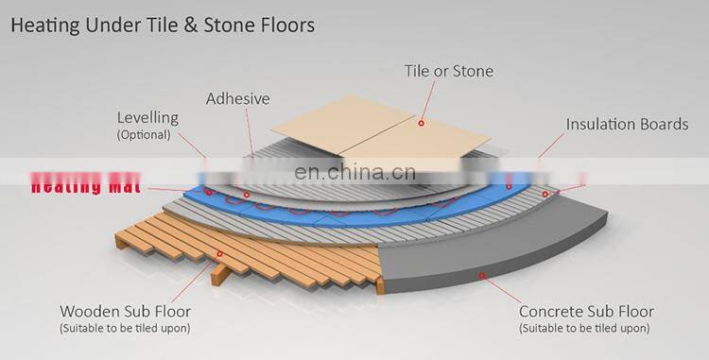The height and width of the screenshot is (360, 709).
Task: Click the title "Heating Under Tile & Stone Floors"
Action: (x=163, y=26)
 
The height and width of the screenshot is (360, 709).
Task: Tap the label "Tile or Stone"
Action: (x=450, y=71)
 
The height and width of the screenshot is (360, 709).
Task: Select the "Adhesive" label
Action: (x=237, y=98)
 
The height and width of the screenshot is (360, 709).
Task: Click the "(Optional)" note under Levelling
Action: (x=144, y=135)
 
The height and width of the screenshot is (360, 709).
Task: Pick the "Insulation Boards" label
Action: (x=626, y=124)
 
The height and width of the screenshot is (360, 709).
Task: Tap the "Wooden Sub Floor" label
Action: (x=125, y=312)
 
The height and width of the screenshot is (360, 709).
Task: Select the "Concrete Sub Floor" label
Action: (x=586, y=312)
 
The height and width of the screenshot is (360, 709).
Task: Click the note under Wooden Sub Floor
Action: (x=125, y=328)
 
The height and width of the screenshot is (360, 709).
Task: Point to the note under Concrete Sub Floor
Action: (x=583, y=328)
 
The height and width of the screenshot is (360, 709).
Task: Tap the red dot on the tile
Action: (x=423, y=122)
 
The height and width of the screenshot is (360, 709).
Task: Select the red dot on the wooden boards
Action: (x=221, y=253)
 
